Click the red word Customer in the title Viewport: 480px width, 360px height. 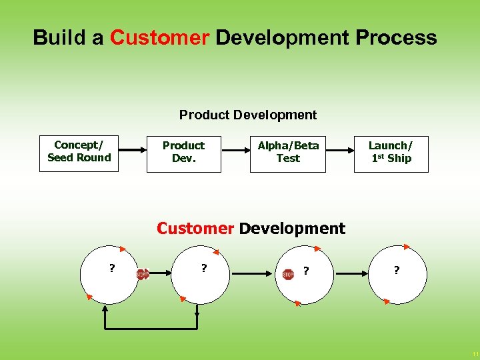159,37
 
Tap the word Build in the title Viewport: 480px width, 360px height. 59,37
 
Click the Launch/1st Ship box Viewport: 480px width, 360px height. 391,153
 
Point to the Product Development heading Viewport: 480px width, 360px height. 248,115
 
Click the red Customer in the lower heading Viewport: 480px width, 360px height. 195,229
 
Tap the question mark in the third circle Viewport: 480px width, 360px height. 306,271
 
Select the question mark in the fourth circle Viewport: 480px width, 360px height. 397,271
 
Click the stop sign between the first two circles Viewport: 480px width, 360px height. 142,274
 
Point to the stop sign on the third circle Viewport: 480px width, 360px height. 288,274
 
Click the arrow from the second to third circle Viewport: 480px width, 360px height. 250,273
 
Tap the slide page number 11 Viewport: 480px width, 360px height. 475,353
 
